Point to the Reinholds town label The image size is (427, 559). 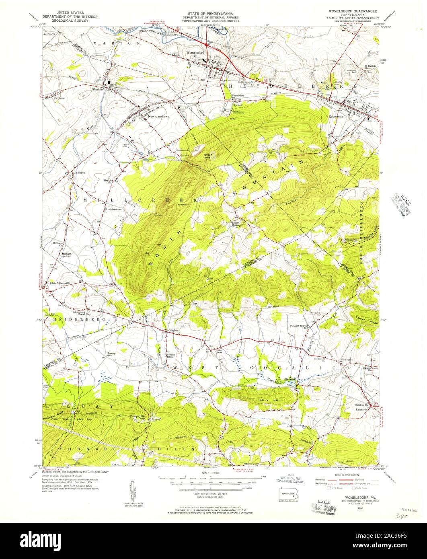[x=361, y=409]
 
